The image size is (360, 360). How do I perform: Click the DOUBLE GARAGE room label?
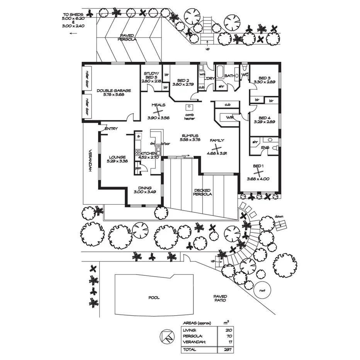[x=114, y=90]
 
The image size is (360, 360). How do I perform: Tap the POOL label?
[x=154, y=298]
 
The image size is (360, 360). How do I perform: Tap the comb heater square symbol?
[x=189, y=108]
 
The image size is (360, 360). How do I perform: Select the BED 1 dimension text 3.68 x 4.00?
[x=258, y=179]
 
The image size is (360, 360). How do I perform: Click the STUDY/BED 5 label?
[x=150, y=75]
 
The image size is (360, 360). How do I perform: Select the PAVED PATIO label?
[x=220, y=298]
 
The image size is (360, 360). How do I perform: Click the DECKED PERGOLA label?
[x=203, y=192]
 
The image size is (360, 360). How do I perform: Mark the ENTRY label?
[x=111, y=129]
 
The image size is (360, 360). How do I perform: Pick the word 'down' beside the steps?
[x=279, y=216]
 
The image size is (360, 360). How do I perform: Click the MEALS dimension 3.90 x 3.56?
[x=158, y=118]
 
